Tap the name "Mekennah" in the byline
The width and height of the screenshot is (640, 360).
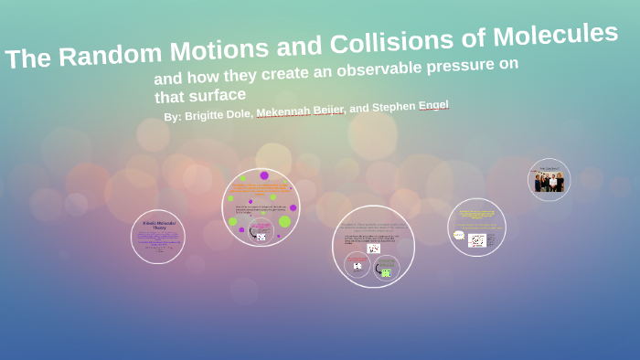pyautogui.click(x=284, y=111)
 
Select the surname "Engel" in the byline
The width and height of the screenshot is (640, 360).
pyautogui.click(x=432, y=105)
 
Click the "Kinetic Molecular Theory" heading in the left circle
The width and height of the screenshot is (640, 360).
pyautogui.click(x=157, y=224)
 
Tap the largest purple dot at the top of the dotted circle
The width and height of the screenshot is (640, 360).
pyautogui.click(x=264, y=175)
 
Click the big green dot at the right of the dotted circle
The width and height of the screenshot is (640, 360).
pyautogui.click(x=284, y=221)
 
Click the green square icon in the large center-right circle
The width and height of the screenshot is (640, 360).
pyautogui.click(x=386, y=272)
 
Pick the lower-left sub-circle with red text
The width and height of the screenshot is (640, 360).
pyautogui.click(x=357, y=265)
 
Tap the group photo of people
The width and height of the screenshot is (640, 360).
pyautogui.click(x=549, y=182)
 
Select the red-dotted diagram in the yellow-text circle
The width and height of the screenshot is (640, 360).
pyautogui.click(x=477, y=240)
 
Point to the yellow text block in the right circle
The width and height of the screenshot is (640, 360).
pyautogui.click(x=476, y=216)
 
